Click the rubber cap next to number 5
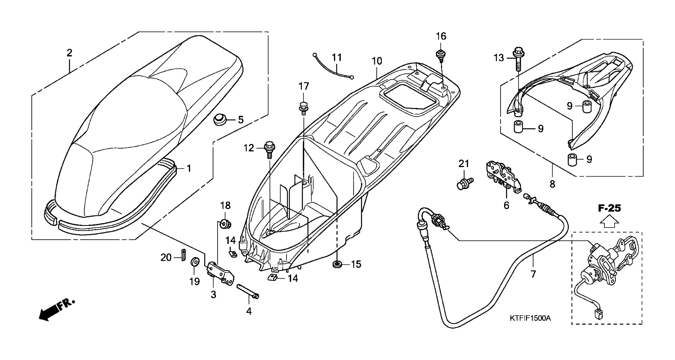(221, 119)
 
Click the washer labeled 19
(194, 262)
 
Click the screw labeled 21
(465, 183)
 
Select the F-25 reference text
(609, 208)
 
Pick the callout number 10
(377, 61)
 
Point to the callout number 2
(69, 53)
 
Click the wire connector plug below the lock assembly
(598, 313)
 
